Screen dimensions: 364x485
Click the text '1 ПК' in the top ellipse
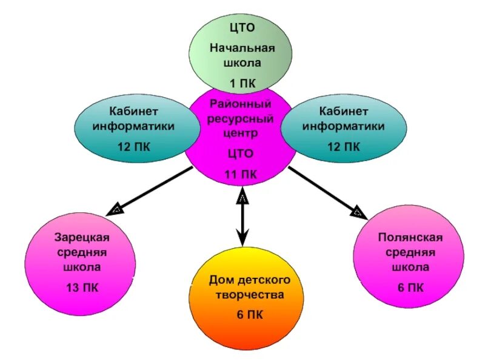241,81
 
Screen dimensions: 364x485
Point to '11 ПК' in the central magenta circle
241,174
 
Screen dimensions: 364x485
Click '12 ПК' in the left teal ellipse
134,146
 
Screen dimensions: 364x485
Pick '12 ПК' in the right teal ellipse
344,146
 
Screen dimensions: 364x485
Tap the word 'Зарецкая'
81,238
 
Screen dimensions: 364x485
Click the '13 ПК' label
81,287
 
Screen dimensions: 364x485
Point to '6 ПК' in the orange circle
249,314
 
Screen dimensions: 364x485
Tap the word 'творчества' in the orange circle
249,295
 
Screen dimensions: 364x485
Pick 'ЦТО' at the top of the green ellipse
242,27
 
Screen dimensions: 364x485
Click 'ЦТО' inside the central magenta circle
241,154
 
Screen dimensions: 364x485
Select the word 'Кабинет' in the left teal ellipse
134,112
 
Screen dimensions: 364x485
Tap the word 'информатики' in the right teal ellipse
344,126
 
